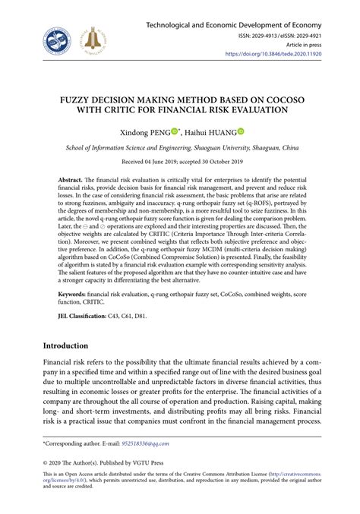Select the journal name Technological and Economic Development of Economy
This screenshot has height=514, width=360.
[242, 15]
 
